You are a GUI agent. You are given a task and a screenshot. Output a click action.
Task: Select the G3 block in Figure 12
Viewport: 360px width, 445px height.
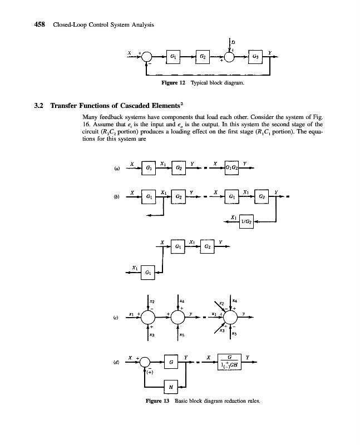point(255,57)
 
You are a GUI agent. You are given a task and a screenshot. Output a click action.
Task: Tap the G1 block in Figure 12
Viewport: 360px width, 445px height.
point(174,57)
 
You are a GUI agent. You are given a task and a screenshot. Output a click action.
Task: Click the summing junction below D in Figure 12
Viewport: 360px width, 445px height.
point(229,57)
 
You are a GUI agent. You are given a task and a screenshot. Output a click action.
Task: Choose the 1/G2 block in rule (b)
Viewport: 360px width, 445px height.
point(245,221)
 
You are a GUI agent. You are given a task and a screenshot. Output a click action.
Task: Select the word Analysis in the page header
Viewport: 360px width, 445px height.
point(141,25)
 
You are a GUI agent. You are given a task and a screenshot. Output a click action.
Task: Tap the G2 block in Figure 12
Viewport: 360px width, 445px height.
point(203,57)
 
